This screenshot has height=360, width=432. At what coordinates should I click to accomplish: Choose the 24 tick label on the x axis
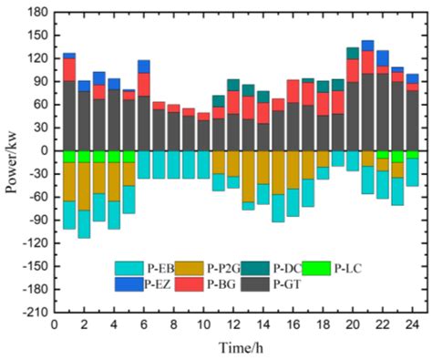click(413, 324)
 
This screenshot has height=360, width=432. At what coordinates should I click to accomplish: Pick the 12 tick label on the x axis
click(233, 324)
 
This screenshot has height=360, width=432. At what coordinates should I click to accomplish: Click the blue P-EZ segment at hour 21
click(367, 46)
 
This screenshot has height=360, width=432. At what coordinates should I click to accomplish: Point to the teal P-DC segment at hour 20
click(353, 53)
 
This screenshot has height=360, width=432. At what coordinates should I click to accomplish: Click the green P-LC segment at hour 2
click(84, 156)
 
